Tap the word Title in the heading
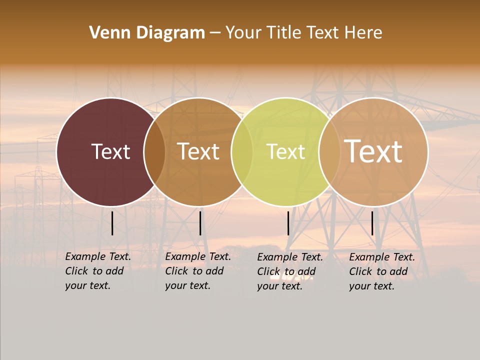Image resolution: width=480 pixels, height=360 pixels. coord(283,32)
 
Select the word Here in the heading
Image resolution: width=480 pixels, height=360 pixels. coord(363,32)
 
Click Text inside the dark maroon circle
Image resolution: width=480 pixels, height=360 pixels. coord(110,151)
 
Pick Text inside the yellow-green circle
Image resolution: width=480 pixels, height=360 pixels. coord(285,151)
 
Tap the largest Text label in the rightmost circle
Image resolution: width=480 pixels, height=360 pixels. coord(373,151)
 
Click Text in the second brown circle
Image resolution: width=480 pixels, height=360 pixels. coord(198,151)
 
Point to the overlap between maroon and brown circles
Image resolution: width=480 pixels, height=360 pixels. coord(154,151)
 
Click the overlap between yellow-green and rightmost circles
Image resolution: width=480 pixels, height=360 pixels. coord(329,151)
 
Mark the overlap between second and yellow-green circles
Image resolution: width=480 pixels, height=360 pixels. coord(242,151)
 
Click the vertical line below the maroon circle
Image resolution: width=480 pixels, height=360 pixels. coord(112,223)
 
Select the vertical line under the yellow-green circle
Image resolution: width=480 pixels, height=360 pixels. coord(288,223)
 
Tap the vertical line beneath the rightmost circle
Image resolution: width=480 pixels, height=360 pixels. coord(372,223)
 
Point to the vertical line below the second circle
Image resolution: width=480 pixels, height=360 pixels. coord(200,223)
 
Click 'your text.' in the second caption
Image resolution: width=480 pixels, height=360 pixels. coord(187,285)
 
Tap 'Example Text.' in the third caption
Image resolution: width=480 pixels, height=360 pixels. coord(290,257)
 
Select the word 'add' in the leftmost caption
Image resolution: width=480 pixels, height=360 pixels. coord(114,271)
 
